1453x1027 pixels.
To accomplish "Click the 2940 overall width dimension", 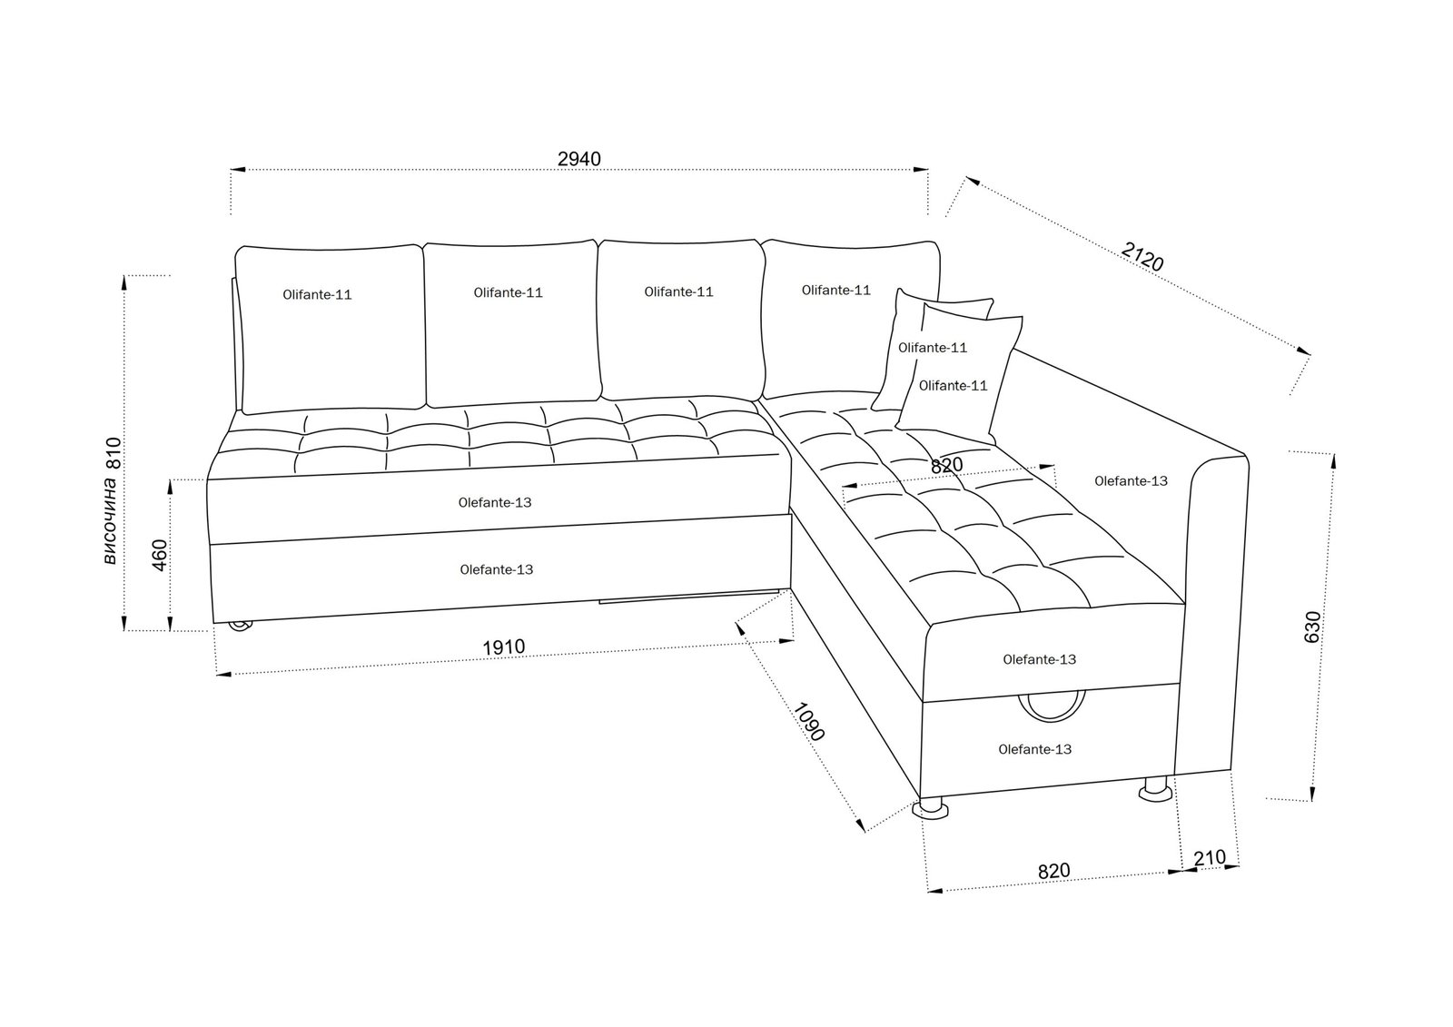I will [x=578, y=159].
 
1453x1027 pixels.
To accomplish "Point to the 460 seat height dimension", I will [x=159, y=555].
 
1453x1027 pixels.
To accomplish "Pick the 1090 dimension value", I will [x=809, y=721].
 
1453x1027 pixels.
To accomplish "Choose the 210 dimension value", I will [x=1210, y=858].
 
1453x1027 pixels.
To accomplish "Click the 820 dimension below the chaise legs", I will [x=1053, y=871].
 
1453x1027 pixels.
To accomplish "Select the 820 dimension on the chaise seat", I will [x=946, y=465].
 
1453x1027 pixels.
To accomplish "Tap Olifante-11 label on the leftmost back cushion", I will [x=317, y=295].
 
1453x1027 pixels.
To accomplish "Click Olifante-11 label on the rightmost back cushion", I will [x=835, y=291].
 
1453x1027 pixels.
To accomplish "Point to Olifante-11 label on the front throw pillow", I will [x=953, y=386].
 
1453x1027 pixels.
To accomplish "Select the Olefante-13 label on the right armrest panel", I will [x=1131, y=481].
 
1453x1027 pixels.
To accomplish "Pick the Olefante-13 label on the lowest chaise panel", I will [x=1034, y=750].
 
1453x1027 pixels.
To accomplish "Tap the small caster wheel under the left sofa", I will [x=240, y=625].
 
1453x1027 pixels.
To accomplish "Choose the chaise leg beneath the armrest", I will [x=1155, y=789].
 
